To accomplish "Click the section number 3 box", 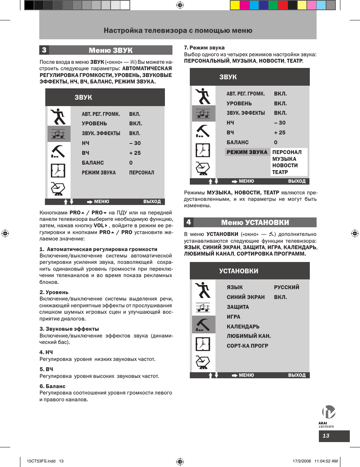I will click(x=44, y=50).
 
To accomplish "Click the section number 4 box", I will click(x=189, y=222).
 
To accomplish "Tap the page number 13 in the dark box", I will click(x=326, y=436).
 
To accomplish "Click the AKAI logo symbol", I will click(x=328, y=412).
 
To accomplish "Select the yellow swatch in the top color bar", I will click(x=235, y=5).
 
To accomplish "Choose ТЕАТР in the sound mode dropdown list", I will click(x=280, y=172).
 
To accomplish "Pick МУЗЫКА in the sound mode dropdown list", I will click(x=284, y=159).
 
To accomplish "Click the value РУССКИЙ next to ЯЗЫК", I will click(x=286, y=287).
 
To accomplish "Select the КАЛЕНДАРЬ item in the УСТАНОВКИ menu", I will click(x=243, y=327).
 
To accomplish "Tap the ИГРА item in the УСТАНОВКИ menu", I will click(x=233, y=317).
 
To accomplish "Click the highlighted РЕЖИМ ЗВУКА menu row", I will click(x=247, y=152).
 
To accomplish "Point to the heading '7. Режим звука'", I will click(x=204, y=48).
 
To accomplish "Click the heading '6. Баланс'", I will click(x=52, y=386).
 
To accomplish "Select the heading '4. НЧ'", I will click(x=46, y=352).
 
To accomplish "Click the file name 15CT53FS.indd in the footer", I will click(x=41, y=461).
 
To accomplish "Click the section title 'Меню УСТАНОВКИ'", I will click(x=255, y=222).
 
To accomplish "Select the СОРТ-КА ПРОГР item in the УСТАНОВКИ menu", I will click(x=247, y=346).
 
